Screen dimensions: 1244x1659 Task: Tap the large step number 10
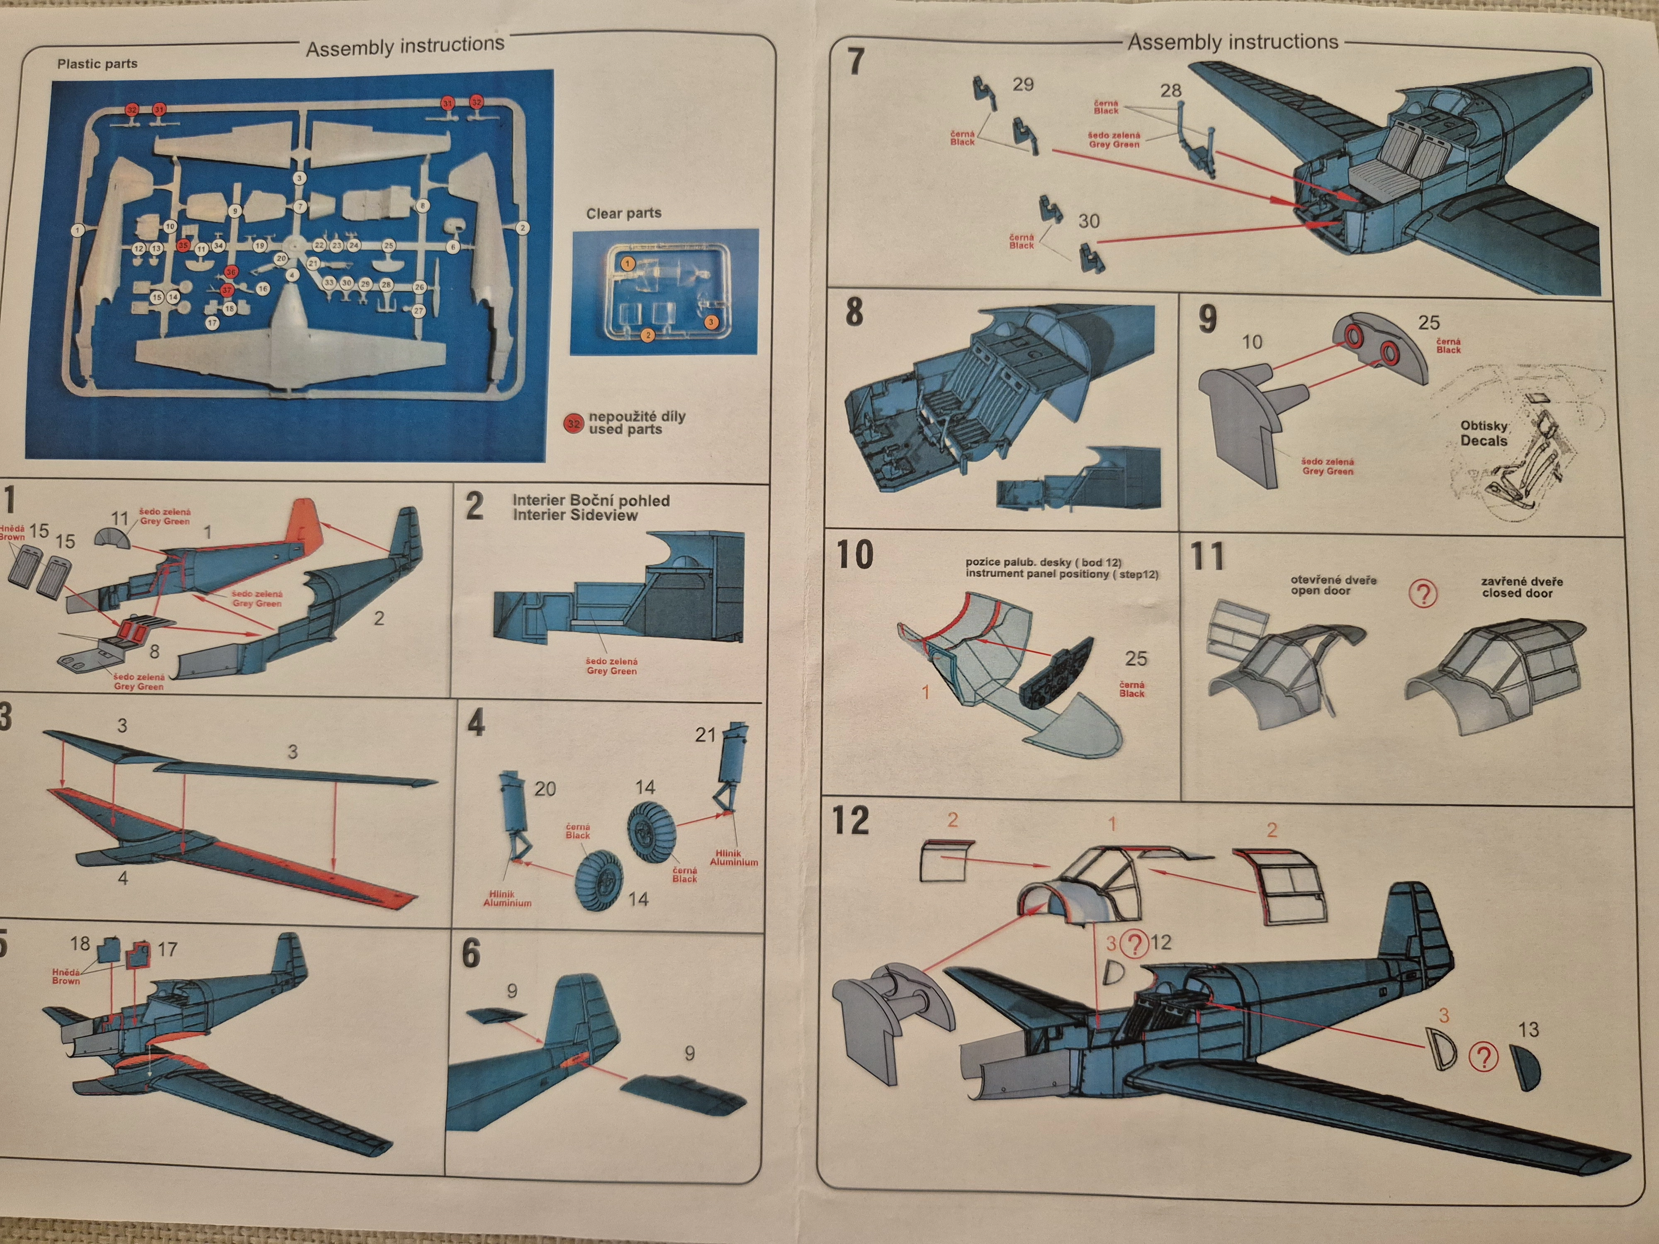coord(855,555)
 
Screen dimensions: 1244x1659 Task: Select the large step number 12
coord(851,821)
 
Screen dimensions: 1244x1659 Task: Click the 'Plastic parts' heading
coord(97,64)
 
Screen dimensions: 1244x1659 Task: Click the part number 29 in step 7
coord(1023,85)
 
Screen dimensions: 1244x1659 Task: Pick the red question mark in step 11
coord(1423,594)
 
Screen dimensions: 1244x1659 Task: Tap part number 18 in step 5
coord(80,943)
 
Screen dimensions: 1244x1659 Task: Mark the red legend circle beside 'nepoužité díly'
coord(574,424)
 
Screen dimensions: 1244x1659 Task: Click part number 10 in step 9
coord(1252,342)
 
